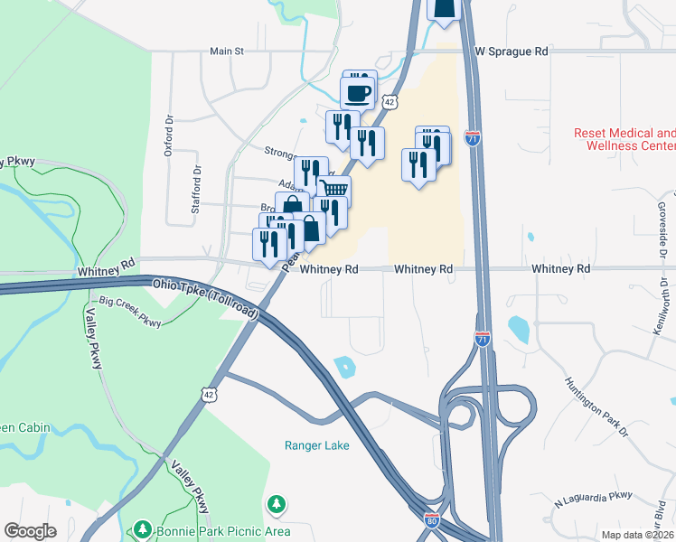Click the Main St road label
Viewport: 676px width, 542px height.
227,51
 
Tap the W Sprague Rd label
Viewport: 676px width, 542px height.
512,51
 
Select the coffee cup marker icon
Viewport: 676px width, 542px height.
358,92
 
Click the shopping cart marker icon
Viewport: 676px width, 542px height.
333,191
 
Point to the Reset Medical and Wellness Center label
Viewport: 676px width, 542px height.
624,139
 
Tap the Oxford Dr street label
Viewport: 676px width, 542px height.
168,136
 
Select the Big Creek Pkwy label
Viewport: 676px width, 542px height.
130,312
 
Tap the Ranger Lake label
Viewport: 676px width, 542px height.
316,445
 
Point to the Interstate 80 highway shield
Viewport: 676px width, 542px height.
431,519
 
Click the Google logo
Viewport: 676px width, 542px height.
30,530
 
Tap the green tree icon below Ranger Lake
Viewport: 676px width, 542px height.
277,503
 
